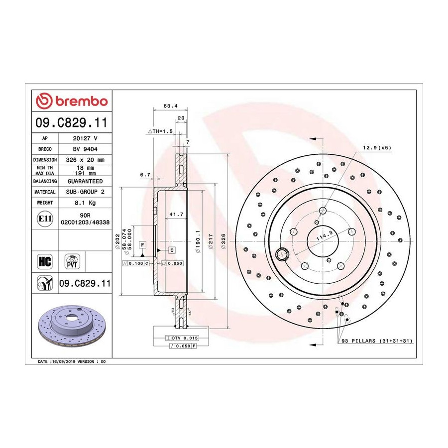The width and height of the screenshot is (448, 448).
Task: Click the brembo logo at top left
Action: (x=72, y=101)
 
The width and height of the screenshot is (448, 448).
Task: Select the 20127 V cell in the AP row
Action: (x=85, y=138)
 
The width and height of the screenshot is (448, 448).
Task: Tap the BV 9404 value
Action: (x=85, y=149)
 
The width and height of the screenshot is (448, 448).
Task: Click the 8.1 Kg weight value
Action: (x=85, y=203)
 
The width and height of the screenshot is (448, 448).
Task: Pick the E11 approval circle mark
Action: (x=45, y=219)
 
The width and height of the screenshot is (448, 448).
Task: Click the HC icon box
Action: (x=45, y=261)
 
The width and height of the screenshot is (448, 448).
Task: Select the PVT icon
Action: (x=72, y=261)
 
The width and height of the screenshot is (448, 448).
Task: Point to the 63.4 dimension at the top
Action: (x=171, y=106)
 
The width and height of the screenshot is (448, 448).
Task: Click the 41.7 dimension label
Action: (x=176, y=214)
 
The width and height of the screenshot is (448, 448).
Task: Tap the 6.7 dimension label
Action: (x=145, y=175)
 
